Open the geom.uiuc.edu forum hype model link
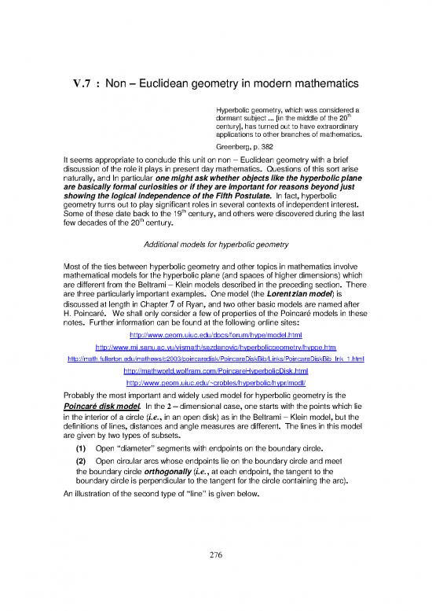point(215,334)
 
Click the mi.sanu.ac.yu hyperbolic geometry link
point(215,346)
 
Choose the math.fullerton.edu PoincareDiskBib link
point(215,358)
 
